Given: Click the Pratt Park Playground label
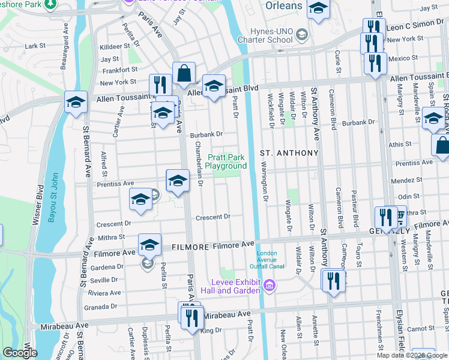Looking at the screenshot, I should pos(227,161).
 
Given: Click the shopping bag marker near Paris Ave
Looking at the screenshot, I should pos(184,74).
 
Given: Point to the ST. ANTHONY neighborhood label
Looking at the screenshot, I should pos(289,153).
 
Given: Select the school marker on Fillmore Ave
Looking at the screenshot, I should pos(149,244).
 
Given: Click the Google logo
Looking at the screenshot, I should pos(19,353).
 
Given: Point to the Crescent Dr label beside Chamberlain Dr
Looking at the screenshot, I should pos(213,217).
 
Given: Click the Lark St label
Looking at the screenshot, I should pos(35,46).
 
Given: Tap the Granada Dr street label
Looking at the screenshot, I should pos(100,307).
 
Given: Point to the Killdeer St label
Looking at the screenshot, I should pos(115,46).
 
